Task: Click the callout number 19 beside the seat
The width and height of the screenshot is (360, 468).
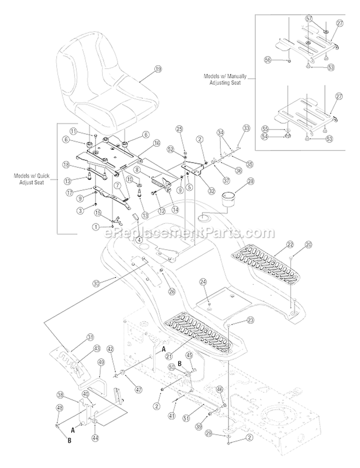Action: (145, 69)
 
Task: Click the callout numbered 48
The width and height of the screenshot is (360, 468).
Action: (60, 408)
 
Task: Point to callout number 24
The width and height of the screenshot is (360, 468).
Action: (203, 281)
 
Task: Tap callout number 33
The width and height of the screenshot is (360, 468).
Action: (246, 128)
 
